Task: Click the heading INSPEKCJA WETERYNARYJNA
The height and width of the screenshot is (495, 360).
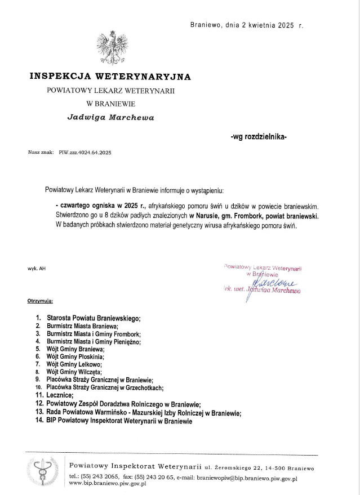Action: click(x=110, y=76)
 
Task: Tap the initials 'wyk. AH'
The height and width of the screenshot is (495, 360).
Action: click(x=37, y=268)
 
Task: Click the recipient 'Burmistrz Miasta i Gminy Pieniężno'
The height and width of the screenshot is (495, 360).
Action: click(x=94, y=341)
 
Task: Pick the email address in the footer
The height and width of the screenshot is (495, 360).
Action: click(x=247, y=477)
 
